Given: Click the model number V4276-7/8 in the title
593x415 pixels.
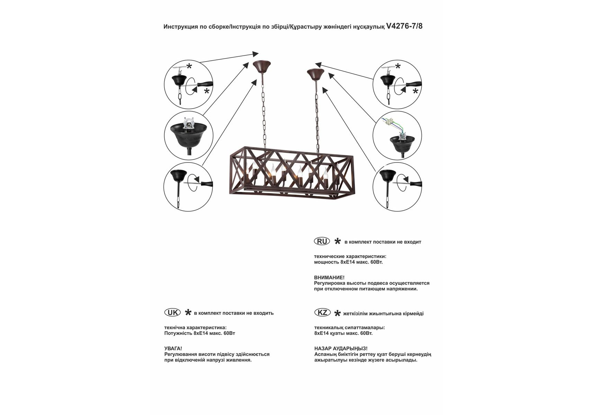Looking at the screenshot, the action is pos(404,26).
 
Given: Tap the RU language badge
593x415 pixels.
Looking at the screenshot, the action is pos(322,241).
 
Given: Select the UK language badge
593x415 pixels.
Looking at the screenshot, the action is pos(173,313).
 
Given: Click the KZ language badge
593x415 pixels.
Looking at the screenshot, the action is pos(322,313).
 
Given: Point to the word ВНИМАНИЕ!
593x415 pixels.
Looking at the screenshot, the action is pos(329,277).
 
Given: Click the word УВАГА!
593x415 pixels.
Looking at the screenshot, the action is pos(173,349).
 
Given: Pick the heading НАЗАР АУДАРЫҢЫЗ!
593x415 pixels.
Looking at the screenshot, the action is pos(341,349).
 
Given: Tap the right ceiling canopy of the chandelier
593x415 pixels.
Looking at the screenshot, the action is pos(315,74).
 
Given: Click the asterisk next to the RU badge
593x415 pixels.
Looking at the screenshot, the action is pos(337,241).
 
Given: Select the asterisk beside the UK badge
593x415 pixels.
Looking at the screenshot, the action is pos(188,313).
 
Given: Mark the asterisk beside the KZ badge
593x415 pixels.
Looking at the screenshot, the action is pos(337,313).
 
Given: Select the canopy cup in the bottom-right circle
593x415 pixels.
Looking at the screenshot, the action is pos(388,176).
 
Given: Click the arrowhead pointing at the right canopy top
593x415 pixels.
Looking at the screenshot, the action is pos(318,65).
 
